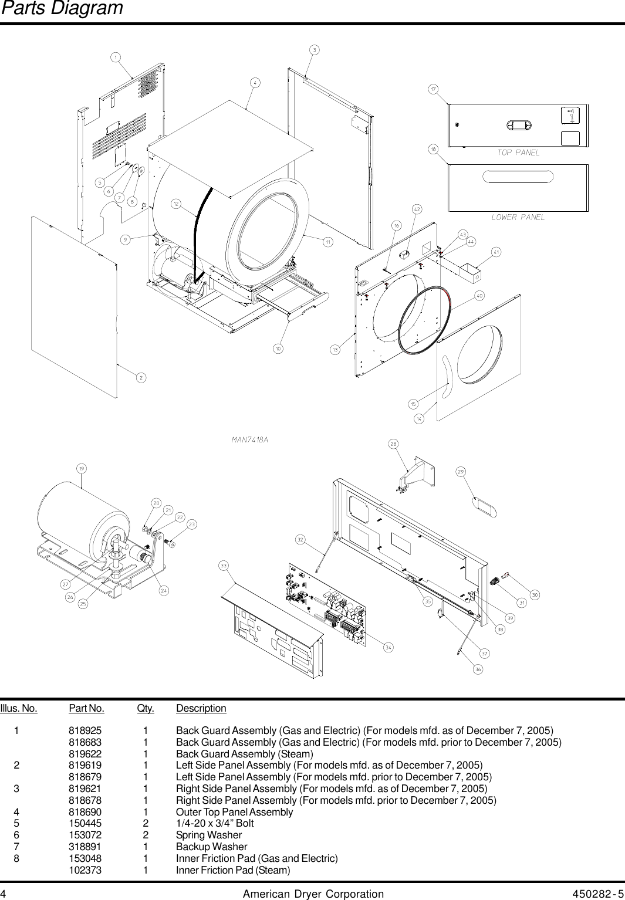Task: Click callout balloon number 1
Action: tap(116, 57)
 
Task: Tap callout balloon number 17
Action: tap(433, 89)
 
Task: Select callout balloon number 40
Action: tap(479, 296)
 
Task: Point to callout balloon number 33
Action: tap(224, 566)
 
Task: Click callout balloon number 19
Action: tap(82, 468)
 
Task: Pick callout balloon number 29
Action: tap(461, 472)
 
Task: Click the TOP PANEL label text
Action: tap(518, 153)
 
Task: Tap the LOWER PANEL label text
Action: tap(518, 217)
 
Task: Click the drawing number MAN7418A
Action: tap(250, 439)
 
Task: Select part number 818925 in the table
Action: tap(85, 730)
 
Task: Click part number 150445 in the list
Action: tap(85, 823)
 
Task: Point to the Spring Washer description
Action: tap(209, 835)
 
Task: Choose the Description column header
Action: tap(201, 708)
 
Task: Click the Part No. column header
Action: tap(86, 708)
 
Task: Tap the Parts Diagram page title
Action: tap(62, 8)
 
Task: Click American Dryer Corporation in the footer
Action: tap(313, 894)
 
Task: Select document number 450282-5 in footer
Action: tap(598, 894)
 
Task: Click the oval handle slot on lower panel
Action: tap(518, 177)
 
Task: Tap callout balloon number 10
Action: tap(278, 349)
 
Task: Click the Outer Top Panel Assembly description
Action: tap(234, 812)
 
